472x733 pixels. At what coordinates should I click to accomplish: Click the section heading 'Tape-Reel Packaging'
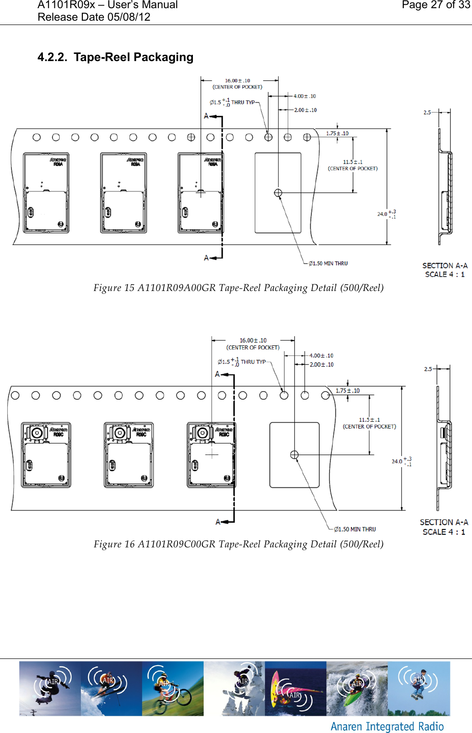[x=133, y=57]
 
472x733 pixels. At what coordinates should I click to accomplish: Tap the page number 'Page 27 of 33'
[x=435, y=5]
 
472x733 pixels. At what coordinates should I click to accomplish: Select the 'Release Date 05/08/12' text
[x=94, y=17]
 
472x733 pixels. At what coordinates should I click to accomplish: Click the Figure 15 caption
[x=238, y=288]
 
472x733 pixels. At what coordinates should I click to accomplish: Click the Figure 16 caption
[x=238, y=544]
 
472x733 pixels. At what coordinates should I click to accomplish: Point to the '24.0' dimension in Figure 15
[x=382, y=214]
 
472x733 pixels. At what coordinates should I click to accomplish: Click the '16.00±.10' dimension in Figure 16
[x=253, y=341]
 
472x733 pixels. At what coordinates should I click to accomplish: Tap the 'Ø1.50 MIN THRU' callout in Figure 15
[x=328, y=264]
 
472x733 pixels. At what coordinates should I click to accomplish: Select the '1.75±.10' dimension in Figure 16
[x=347, y=391]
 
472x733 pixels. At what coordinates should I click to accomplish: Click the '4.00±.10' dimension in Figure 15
[x=305, y=96]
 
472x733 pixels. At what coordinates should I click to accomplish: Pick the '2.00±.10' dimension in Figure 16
[x=321, y=365]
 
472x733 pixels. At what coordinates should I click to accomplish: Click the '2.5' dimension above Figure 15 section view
[x=427, y=113]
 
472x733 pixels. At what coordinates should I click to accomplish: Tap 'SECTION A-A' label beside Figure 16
[x=444, y=522]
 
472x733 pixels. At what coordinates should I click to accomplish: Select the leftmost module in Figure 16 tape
[x=46, y=455]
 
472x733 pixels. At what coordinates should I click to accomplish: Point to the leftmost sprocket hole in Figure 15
[x=37, y=138]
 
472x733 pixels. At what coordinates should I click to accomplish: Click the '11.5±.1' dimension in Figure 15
[x=353, y=162]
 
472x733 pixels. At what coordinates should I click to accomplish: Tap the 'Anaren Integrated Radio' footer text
[x=387, y=726]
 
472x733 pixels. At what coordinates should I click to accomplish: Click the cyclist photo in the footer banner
[x=173, y=688]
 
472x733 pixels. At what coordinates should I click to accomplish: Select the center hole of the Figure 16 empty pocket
[x=294, y=455]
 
